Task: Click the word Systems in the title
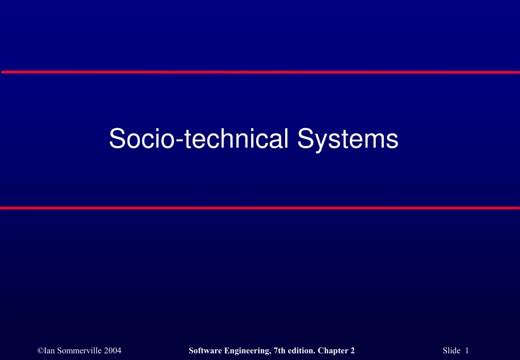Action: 348,139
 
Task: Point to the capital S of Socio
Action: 117,139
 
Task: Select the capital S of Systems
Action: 307,139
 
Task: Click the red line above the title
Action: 260,72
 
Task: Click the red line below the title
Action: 260,208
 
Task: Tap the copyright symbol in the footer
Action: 40,350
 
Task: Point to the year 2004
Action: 112,350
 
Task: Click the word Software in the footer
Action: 204,350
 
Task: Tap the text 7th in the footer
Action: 277,350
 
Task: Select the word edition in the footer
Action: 300,350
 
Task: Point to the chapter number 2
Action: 352,350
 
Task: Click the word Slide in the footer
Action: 451,350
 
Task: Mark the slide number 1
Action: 466,350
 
